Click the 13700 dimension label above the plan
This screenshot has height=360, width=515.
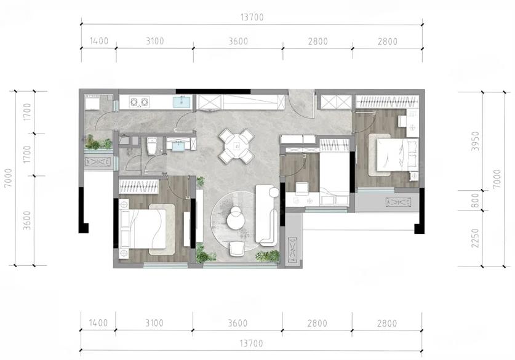[252, 17]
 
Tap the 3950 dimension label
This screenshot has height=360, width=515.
[475, 142]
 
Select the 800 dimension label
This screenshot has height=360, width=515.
[475, 201]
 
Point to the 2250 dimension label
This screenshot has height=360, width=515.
[475, 238]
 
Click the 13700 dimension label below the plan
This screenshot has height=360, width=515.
[251, 343]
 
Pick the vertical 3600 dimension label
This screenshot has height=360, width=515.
[27, 220]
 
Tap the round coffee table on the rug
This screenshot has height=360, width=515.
[236, 218]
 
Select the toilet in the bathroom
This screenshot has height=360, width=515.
[152, 146]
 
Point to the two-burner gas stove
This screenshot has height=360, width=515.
[139, 102]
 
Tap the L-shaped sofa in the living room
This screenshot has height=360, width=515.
[266, 215]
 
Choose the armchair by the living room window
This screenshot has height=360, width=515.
[237, 249]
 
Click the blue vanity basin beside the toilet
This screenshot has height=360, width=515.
[178, 145]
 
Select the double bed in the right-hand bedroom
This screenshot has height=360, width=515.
[397, 154]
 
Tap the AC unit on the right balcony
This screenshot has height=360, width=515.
[398, 202]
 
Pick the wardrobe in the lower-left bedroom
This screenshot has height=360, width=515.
[139, 186]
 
